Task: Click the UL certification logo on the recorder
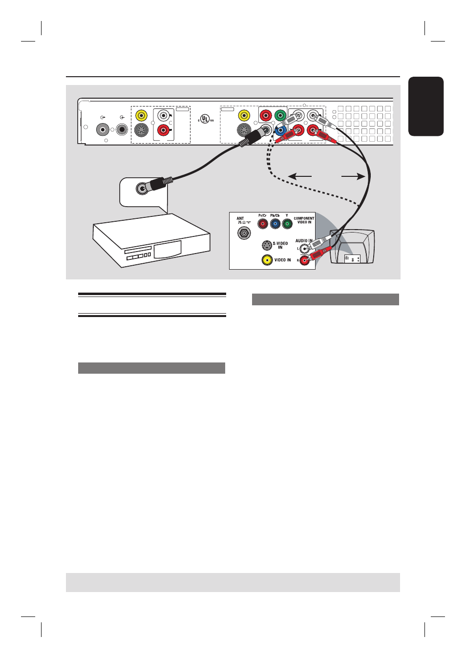(206, 119)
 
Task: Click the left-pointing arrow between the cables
(299, 176)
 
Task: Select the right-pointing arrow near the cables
(353, 176)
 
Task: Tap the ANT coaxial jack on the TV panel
(244, 233)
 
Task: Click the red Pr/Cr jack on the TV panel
(263, 224)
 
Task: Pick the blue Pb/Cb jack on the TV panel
(275, 224)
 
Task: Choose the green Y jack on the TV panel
(287, 224)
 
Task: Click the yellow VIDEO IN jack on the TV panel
(267, 260)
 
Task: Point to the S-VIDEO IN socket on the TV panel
(267, 245)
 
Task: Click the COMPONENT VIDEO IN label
(304, 220)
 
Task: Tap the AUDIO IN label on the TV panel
(303, 241)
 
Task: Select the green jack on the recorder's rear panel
(280, 116)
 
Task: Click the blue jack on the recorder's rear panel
(279, 130)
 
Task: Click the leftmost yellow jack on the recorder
(141, 116)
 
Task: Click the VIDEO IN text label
(282, 260)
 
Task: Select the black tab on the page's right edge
(425, 106)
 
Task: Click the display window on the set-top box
(167, 249)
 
